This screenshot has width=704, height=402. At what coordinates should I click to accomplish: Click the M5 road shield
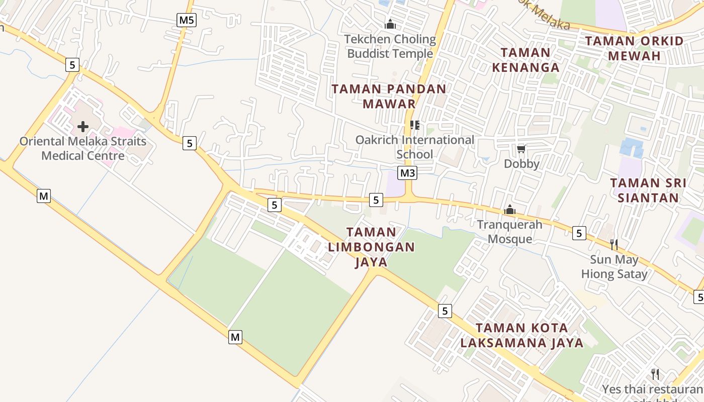(187, 20)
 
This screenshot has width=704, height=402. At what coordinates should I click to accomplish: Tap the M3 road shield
(407, 173)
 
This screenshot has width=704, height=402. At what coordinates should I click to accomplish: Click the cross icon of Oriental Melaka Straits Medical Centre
(83, 127)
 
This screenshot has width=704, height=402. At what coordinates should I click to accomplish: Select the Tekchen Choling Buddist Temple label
(390, 46)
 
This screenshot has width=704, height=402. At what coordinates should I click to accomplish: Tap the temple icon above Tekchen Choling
(390, 24)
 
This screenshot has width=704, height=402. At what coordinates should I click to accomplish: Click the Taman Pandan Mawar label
(389, 96)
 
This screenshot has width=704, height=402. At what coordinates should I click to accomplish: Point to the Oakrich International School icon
(414, 125)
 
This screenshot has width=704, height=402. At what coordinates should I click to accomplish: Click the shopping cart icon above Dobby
(521, 149)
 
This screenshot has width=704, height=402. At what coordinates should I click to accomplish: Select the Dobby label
(521, 164)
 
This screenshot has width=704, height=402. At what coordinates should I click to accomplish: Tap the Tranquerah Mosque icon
(510, 210)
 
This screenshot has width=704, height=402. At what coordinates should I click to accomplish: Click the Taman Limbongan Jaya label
(372, 247)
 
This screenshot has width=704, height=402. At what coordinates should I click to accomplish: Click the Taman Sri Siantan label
(648, 190)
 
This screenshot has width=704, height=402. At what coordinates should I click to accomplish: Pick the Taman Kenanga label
(525, 60)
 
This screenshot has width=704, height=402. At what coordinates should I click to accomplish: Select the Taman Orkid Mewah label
(634, 48)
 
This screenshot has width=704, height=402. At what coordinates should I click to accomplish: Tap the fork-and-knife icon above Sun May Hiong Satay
(613, 245)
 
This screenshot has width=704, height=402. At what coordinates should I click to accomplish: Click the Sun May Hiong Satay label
(614, 267)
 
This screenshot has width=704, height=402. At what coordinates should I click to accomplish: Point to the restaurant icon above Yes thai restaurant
(655, 374)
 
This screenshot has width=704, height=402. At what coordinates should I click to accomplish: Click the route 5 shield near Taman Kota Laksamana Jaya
(445, 311)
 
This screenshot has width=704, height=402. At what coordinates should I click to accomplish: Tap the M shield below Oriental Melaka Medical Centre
(44, 196)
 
